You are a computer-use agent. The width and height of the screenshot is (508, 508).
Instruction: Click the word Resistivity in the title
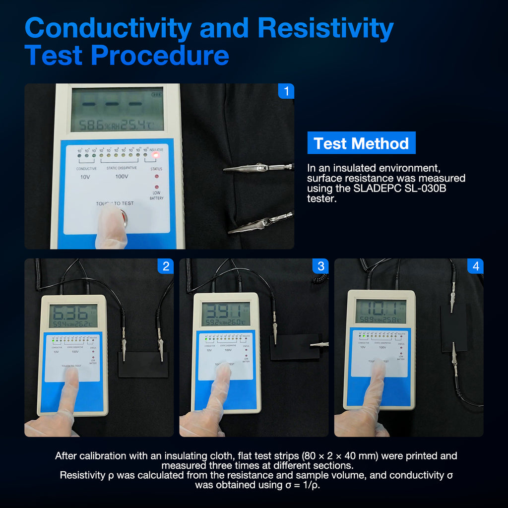click(325, 28)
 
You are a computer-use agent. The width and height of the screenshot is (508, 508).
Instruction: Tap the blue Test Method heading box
click(361, 143)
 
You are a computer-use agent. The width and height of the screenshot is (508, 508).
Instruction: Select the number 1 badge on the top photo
click(286, 91)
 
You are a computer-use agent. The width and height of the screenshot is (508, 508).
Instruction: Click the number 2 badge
click(166, 266)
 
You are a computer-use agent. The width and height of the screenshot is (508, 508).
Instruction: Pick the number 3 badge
click(320, 266)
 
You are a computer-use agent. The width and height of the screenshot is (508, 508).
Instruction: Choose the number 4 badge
click(475, 266)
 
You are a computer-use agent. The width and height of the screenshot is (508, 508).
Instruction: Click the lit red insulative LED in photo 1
click(156, 155)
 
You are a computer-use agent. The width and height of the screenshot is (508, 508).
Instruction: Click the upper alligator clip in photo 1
click(258, 168)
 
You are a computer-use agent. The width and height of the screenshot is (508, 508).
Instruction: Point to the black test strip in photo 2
click(143, 366)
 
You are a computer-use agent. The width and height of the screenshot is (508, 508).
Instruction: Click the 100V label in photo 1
click(122, 177)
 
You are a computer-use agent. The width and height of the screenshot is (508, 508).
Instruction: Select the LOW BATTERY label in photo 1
click(156, 195)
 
